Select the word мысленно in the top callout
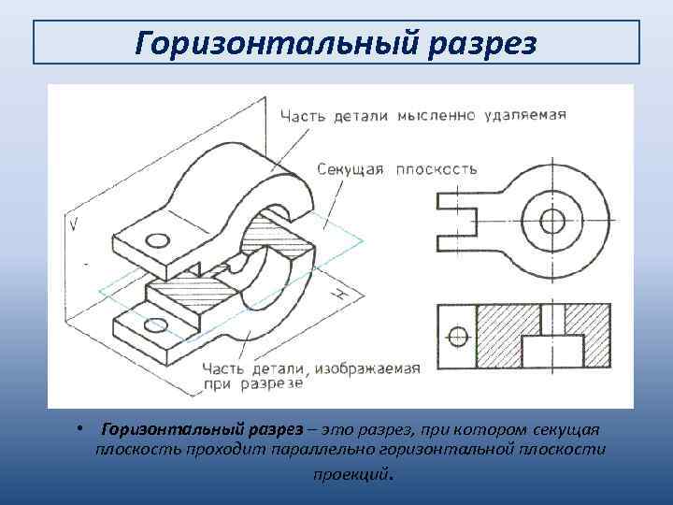pos(437,116)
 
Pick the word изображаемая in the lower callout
pos(366,367)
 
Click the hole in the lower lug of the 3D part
pos(155,325)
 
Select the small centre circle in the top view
pos(552,222)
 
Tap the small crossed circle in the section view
pos(457,335)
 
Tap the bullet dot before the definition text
pos(83,428)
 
